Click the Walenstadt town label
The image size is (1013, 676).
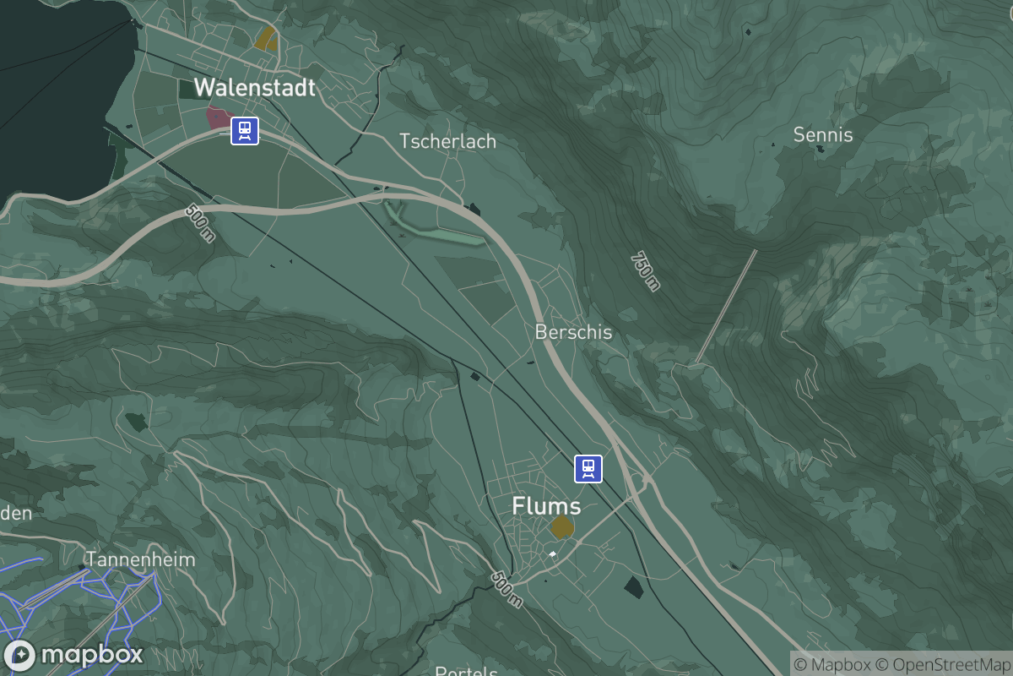tap(254, 87)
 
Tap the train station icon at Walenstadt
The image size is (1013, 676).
tap(245, 131)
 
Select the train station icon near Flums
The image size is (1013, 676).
tap(588, 468)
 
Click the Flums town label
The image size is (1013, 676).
tap(546, 506)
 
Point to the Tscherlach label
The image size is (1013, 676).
tap(447, 141)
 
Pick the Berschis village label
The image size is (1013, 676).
tap(573, 332)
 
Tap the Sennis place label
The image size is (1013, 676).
tap(823, 135)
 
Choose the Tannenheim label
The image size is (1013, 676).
tap(140, 559)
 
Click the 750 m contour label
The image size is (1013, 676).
tap(644, 270)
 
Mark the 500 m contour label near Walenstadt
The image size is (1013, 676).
tap(199, 223)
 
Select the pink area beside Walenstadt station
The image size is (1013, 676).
tap(219, 117)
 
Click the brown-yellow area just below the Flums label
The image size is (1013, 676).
tap(562, 527)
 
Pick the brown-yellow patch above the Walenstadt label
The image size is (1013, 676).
tap(267, 38)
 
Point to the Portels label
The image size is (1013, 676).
tap(466, 671)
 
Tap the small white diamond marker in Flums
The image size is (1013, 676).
tap(552, 554)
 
